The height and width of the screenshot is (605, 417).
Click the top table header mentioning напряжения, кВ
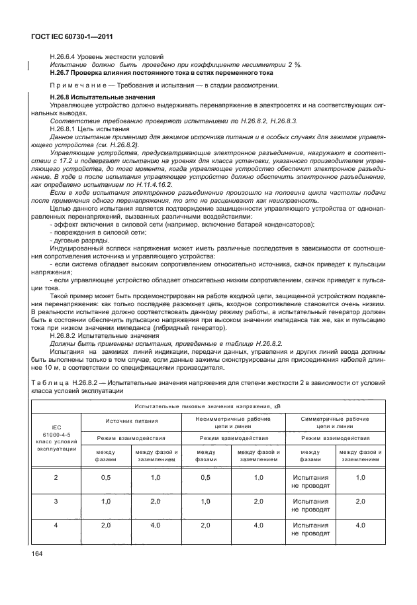[208, 405]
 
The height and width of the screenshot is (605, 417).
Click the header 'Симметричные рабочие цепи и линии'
[334, 423]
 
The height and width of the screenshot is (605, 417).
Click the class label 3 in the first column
[56, 501]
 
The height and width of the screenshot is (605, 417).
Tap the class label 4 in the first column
[56, 525]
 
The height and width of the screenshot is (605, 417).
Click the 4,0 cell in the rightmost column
[360, 525]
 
